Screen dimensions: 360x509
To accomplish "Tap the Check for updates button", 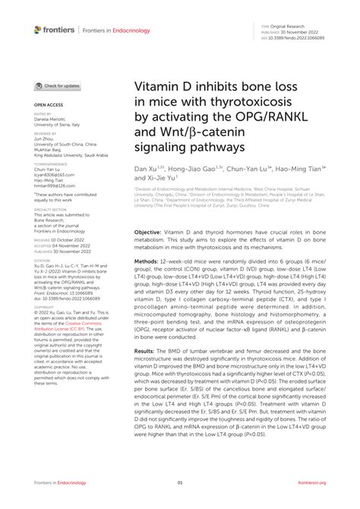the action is point(58,86).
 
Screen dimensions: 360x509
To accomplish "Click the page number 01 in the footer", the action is point(180,481).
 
